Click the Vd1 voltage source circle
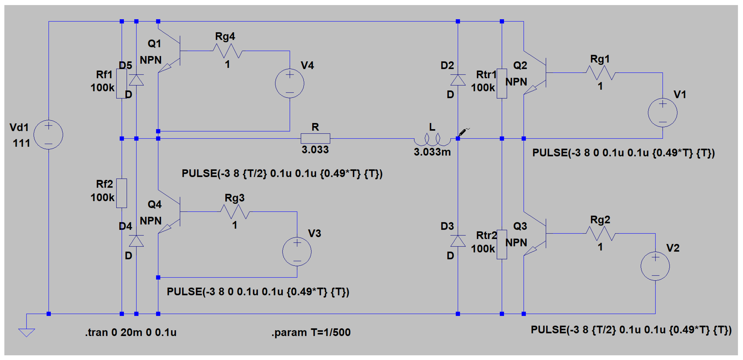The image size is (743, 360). coord(48,135)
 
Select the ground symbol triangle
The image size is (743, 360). coord(27,332)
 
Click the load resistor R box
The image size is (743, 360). coord(315,138)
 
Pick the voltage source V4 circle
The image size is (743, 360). coord(290,83)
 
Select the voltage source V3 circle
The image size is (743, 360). coord(297,252)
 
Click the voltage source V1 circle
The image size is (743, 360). coord(662,112)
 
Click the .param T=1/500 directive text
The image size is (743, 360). coord(311,332)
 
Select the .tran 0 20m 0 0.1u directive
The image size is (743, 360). coord(131,332)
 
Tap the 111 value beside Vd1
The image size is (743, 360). coord(21,143)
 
